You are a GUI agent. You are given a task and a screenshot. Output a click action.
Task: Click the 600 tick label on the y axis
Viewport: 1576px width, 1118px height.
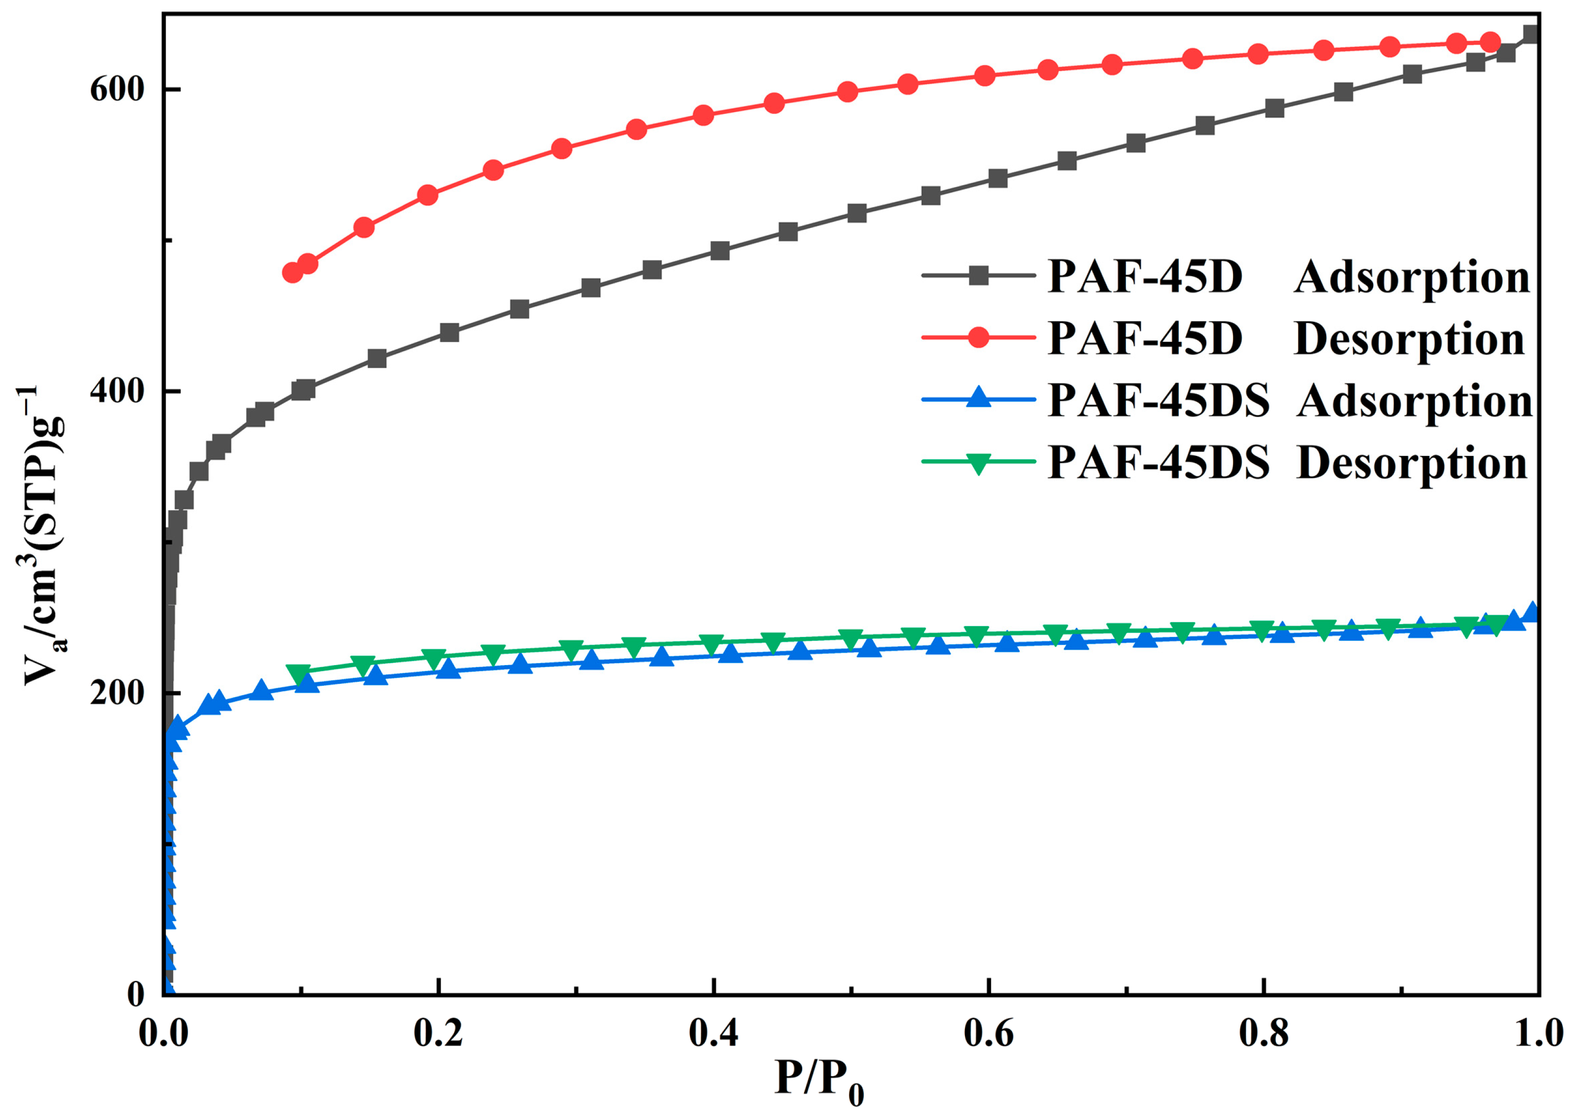(x=116, y=89)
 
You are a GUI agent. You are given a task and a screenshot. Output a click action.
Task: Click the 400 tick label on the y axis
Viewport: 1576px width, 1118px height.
(x=116, y=391)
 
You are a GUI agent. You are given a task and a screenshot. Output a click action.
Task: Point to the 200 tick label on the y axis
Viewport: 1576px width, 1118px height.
(x=116, y=693)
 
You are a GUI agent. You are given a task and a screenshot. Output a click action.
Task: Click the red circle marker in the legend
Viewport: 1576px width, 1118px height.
(x=978, y=337)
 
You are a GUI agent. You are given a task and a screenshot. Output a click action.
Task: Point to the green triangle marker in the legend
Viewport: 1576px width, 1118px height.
(x=978, y=464)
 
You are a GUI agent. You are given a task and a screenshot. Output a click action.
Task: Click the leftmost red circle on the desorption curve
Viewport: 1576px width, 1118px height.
(x=293, y=273)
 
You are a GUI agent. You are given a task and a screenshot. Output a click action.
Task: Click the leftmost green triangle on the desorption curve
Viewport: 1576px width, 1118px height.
(x=299, y=674)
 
